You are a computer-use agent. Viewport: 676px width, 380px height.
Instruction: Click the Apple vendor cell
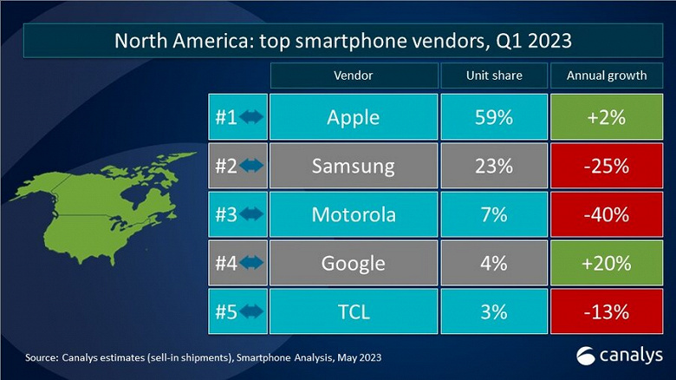coord(353,117)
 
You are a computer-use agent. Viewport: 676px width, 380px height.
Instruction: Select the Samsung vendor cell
coord(353,166)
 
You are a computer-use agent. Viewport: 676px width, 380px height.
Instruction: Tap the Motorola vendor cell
coord(353,214)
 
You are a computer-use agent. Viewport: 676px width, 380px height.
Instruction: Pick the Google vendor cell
coord(353,263)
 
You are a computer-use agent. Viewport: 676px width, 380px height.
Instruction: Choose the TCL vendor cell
coord(353,311)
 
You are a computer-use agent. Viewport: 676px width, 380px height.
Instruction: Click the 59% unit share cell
coord(494,117)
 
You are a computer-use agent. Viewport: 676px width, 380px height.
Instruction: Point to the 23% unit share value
coord(494,166)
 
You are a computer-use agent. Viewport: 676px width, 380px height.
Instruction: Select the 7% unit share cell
coord(494,214)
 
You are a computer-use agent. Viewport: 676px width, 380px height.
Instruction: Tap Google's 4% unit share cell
coord(494,263)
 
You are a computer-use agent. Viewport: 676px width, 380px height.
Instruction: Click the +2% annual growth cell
coord(607,117)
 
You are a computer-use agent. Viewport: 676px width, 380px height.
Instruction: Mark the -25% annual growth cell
coord(607,166)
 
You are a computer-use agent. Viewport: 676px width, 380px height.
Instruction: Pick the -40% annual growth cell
coord(607,214)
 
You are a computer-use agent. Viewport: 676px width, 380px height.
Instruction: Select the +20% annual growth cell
coord(607,263)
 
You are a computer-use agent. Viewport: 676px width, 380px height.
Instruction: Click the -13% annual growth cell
coord(607,311)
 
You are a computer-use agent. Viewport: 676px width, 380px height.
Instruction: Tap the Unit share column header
coord(494,75)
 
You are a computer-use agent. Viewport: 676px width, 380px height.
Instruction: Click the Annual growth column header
coord(607,75)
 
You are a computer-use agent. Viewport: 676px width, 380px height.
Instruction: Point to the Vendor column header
coord(353,75)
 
